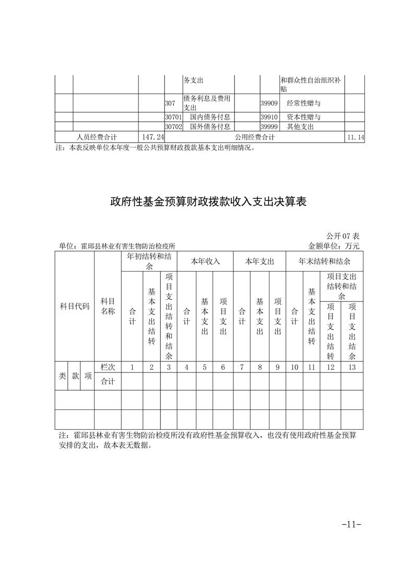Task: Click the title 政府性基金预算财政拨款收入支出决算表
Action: (x=207, y=202)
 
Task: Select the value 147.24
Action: (x=149, y=137)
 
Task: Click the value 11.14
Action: (x=354, y=137)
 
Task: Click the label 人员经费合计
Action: (x=97, y=137)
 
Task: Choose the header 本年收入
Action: (x=205, y=261)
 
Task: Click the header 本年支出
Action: (x=259, y=261)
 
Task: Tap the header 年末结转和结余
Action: (x=324, y=261)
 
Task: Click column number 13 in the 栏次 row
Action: (x=352, y=367)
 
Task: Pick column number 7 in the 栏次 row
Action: (x=242, y=367)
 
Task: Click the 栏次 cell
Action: (x=108, y=367)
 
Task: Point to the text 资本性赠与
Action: (x=303, y=117)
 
